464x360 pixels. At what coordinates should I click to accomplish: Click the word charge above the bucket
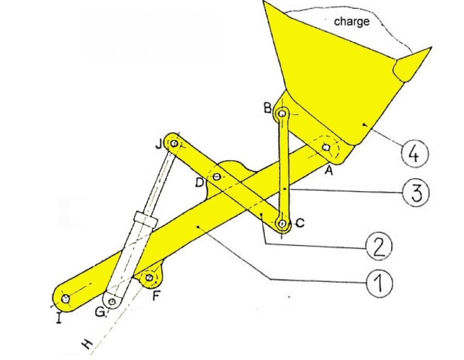pos(351,22)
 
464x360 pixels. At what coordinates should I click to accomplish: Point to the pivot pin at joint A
pos(327,147)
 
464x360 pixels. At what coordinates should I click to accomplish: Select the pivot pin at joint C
pos(282,223)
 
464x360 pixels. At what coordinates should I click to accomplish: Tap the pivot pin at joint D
pos(217,177)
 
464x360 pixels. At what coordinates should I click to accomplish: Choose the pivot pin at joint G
pos(112,301)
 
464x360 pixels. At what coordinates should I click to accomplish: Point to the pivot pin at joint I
pos(66,298)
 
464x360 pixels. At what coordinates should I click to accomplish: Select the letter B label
pos(267,108)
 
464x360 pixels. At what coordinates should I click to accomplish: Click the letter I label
pos(59,316)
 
